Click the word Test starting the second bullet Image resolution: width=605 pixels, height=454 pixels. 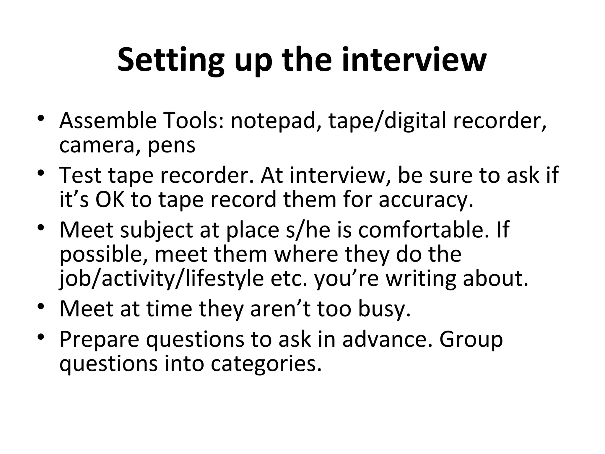click(80, 175)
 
